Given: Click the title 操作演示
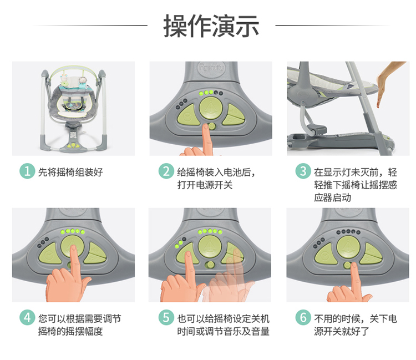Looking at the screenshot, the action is [211, 26].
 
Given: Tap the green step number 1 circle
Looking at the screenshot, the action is [27, 171].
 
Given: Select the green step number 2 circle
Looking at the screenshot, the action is [166, 171].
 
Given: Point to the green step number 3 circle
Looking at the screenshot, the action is [303, 171].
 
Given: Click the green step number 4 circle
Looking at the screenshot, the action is [27, 317].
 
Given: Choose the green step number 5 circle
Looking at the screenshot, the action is [166, 317].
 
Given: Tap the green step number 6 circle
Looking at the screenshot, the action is [303, 317].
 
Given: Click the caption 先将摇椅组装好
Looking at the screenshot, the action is [70, 172].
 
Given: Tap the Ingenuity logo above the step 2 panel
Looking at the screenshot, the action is [211, 68].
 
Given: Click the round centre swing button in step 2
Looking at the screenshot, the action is [211, 108].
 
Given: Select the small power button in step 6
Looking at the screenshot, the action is [347, 265].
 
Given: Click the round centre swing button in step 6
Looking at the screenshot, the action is [348, 247].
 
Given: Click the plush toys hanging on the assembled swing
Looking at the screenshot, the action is [73, 80].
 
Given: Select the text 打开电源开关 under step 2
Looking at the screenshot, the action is [205, 185].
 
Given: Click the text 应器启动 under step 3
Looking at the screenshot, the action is [332, 197].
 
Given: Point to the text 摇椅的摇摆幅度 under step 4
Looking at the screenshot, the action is [70, 331].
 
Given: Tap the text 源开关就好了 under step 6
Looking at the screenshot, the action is [342, 331].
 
